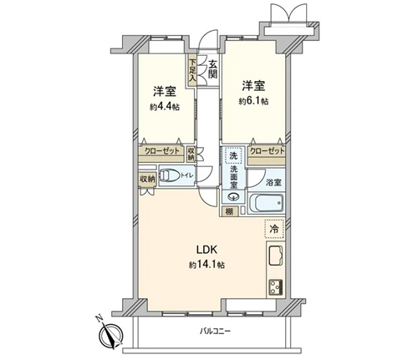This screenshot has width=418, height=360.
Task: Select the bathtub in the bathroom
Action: click(266, 204)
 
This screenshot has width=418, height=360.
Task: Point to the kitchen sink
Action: click(276, 256)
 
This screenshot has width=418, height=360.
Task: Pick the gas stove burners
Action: click(276, 287)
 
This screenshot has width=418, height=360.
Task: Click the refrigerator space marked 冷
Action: click(274, 229)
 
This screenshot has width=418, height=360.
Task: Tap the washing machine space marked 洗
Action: click(233, 155)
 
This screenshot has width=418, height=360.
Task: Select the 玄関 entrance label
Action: click(212, 70)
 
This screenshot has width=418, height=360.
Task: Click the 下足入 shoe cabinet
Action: click(192, 70)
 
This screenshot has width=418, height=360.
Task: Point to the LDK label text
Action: click(206, 250)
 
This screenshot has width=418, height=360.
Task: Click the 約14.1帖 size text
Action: click(206, 265)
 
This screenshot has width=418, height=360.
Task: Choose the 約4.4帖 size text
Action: click(165, 107)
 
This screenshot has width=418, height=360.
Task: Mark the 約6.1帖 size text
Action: click(253, 101)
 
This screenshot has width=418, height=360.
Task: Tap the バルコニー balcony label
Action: click(215, 332)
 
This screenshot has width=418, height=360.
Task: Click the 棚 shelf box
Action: click(230, 212)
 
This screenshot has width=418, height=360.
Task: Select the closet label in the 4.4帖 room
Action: click(162, 151)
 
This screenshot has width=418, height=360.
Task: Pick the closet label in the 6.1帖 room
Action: click(268, 151)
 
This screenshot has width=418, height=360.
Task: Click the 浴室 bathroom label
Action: click(273, 183)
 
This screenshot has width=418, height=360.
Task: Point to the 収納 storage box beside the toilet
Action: click(147, 180)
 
